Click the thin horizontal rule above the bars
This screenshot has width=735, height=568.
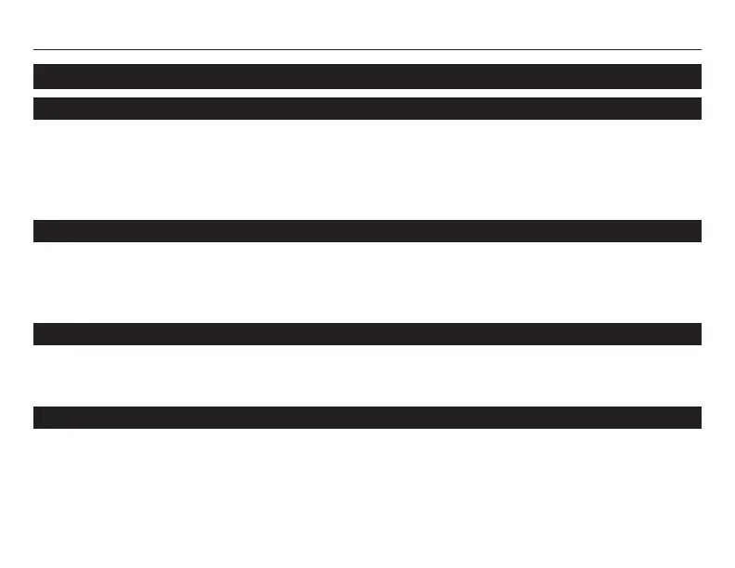pyautogui.click(x=367, y=49)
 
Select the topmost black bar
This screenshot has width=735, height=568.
pyautogui.click(x=367, y=76)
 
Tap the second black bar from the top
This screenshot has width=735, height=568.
pyautogui.click(x=367, y=109)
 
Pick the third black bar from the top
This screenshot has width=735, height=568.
pyautogui.click(x=367, y=231)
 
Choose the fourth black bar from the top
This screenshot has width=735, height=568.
pyautogui.click(x=367, y=334)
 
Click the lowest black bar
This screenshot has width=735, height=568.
pyautogui.click(x=367, y=418)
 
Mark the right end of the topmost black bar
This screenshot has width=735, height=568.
pyautogui.click(x=697, y=76)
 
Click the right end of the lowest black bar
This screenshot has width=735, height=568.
pyautogui.click(x=697, y=418)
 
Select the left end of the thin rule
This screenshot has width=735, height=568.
pyautogui.click(x=35, y=49)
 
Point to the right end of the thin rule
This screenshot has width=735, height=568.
pyautogui.click(x=699, y=49)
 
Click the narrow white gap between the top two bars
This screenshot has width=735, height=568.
pyautogui.click(x=367, y=93)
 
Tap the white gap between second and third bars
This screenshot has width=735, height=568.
pyautogui.click(x=367, y=170)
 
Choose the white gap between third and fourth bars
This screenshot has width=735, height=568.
pyautogui.click(x=367, y=283)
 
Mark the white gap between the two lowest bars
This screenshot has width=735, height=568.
pyautogui.click(x=367, y=376)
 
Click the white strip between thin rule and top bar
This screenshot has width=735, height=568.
pyautogui.click(x=367, y=57)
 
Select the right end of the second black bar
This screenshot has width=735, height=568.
pyautogui.click(x=697, y=109)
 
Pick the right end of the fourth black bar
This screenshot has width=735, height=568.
pyautogui.click(x=697, y=334)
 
